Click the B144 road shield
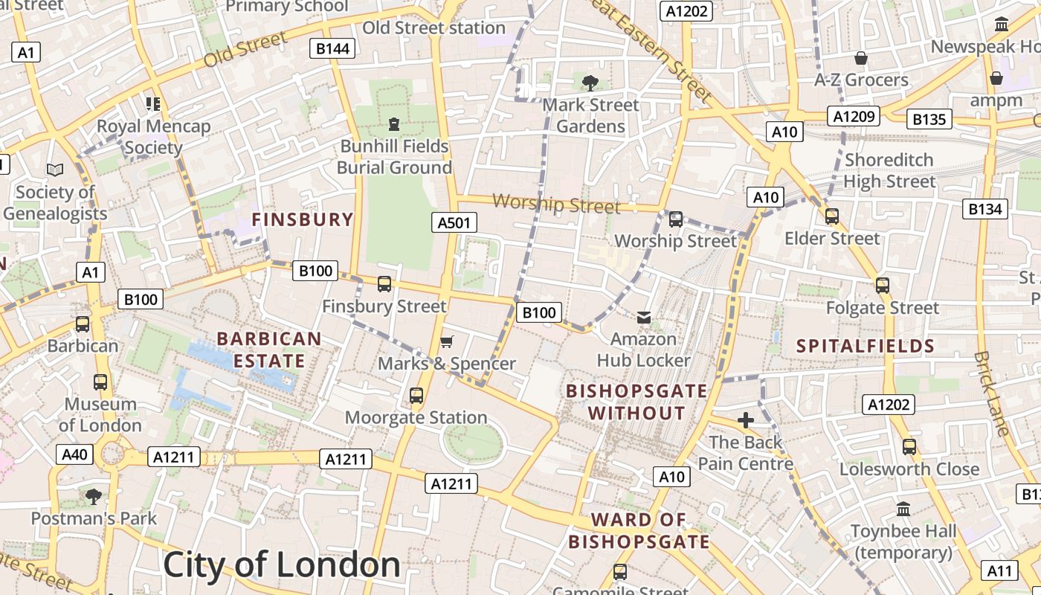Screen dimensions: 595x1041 pyautogui.click(x=332, y=49)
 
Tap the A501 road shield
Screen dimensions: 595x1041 pyautogui.click(x=454, y=222)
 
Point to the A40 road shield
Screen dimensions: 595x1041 pyautogui.click(x=74, y=454)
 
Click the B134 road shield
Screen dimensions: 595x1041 pyautogui.click(x=985, y=209)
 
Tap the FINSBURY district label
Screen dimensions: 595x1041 pyautogui.click(x=302, y=219)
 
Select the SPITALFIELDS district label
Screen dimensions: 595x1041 pyautogui.click(x=866, y=346)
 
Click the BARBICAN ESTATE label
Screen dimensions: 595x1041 pyautogui.click(x=269, y=350)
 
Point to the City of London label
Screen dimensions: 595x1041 pyautogui.click(x=282, y=565)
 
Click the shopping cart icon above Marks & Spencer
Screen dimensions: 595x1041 pyautogui.click(x=446, y=341)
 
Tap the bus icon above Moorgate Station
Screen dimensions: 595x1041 pyautogui.click(x=416, y=396)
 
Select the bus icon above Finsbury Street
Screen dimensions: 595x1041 pyautogui.click(x=384, y=284)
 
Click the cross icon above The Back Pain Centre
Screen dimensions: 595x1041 pyautogui.click(x=745, y=420)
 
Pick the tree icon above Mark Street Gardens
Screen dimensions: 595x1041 pyautogui.click(x=590, y=83)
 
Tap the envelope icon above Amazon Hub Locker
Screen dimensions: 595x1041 pyautogui.click(x=644, y=318)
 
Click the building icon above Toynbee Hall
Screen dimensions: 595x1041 pyautogui.click(x=903, y=509)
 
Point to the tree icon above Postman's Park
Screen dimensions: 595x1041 pyautogui.click(x=94, y=496)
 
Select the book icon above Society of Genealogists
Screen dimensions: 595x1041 pyautogui.click(x=55, y=170)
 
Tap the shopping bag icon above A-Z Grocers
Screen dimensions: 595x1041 pyautogui.click(x=861, y=58)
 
